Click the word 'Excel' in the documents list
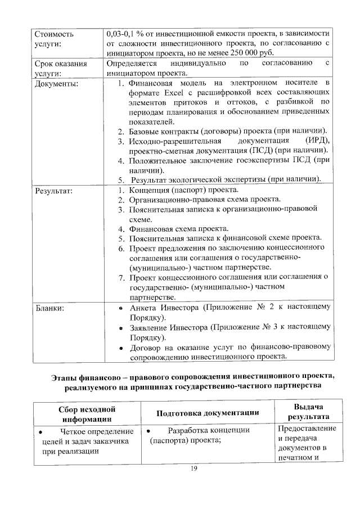coord(166,93)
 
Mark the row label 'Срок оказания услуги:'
coord(61,69)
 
